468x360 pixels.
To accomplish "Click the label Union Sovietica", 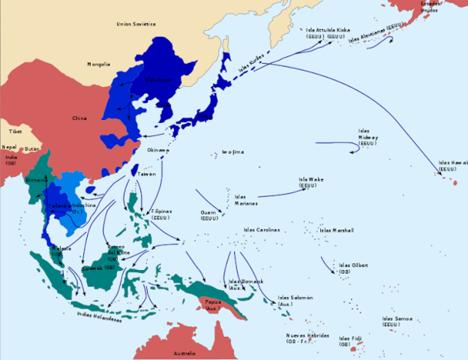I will [x=136, y=24].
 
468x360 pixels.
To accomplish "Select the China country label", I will [x=79, y=118].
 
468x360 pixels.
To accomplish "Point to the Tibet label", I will [x=16, y=131].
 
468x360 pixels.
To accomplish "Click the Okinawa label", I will [x=157, y=150].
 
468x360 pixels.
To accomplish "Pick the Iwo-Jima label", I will [x=232, y=152].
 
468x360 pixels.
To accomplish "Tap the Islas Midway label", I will [x=368, y=137].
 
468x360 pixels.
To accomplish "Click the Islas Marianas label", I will [x=245, y=199].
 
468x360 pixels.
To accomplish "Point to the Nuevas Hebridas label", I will [x=307, y=338].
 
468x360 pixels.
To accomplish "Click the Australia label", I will [x=184, y=352].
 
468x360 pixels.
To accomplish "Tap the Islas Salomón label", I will [x=295, y=301].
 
